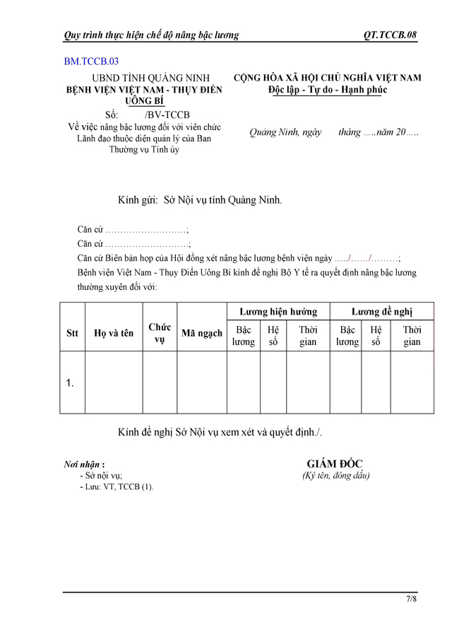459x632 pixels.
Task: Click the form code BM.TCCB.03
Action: click(91, 62)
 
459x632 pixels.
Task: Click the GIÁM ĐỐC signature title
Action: click(335, 464)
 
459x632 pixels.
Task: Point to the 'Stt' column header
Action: click(72, 334)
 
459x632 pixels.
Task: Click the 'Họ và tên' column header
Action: click(114, 334)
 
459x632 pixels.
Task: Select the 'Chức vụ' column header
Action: click(160, 334)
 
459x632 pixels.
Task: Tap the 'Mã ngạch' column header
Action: click(201, 334)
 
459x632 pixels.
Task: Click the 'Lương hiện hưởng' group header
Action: click(278, 312)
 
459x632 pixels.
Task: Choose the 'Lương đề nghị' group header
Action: click(382, 312)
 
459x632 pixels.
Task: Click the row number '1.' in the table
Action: click(71, 382)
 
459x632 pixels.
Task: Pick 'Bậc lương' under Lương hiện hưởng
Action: click(244, 336)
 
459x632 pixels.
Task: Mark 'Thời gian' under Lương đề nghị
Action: click(412, 336)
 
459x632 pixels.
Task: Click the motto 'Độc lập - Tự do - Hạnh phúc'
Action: click(328, 90)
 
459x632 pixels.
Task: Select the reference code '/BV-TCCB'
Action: click(167, 115)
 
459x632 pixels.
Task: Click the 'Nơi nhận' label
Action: click(84, 464)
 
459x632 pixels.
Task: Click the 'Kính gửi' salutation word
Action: click(138, 200)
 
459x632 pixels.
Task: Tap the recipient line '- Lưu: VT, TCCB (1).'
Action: click(117, 487)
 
